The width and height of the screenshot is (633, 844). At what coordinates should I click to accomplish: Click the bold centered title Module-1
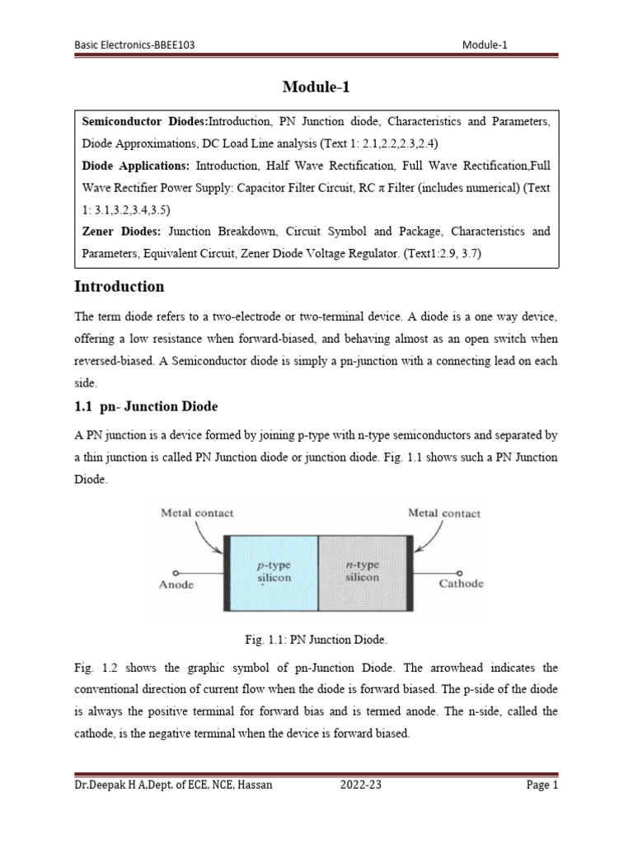(316, 87)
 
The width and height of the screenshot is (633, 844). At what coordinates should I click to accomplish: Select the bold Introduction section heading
(120, 287)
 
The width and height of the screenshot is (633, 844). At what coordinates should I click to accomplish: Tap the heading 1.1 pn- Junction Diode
(146, 406)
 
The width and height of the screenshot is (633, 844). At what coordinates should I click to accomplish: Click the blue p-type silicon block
(272, 572)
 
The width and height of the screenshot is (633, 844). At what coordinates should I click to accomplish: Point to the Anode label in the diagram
(176, 584)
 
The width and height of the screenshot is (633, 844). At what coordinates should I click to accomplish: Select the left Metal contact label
(197, 513)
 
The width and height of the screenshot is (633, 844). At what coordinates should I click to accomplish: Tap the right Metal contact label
(444, 513)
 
